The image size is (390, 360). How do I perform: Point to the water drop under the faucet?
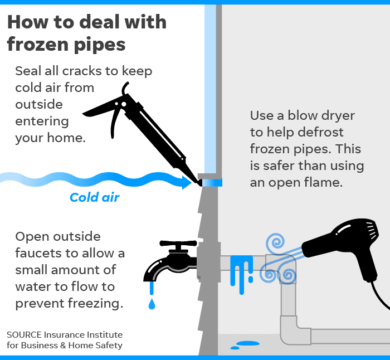(152, 304)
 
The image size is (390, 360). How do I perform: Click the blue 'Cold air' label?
(94, 197)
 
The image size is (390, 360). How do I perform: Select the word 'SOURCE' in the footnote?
(26, 334)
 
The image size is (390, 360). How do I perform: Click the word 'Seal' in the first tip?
(28, 71)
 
